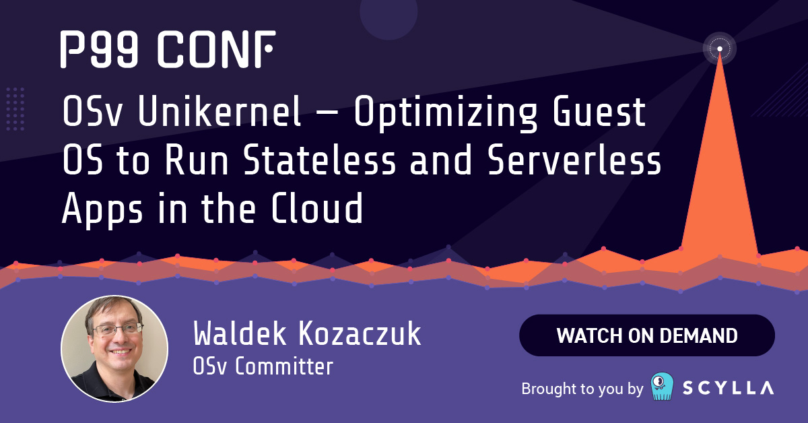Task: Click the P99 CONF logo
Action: point(167,49)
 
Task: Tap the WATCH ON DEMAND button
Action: point(646,335)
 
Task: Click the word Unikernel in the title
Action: point(220,114)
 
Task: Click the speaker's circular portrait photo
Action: point(114,348)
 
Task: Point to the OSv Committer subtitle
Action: point(263,366)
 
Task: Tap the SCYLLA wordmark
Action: point(729,388)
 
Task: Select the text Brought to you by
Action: point(582,389)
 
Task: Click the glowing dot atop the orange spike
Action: point(720,48)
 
